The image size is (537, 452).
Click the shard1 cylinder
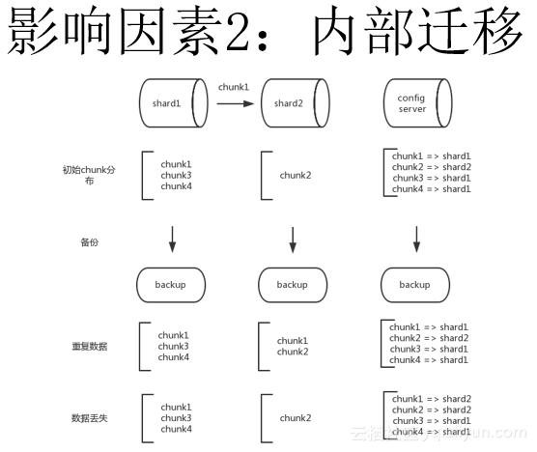pyautogui.click(x=172, y=103)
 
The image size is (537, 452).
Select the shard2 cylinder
pyautogui.click(x=293, y=103)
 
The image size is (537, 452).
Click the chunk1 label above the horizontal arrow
pyautogui.click(x=234, y=86)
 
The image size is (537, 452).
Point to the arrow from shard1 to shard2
pyautogui.click(x=235, y=102)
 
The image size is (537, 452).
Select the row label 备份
pyautogui.click(x=89, y=242)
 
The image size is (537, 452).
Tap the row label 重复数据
pyautogui.click(x=89, y=345)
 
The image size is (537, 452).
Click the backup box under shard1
pyautogui.click(x=170, y=285)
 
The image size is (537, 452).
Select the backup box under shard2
pyautogui.click(x=292, y=285)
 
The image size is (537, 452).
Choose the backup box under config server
pyautogui.click(x=414, y=285)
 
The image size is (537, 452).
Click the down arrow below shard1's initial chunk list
pyautogui.click(x=172, y=238)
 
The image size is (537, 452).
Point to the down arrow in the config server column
pyautogui.click(x=416, y=238)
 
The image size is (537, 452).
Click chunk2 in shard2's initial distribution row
pyautogui.click(x=296, y=176)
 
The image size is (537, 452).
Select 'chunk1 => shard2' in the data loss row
pyautogui.click(x=430, y=399)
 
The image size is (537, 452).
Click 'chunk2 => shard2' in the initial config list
pyautogui.click(x=430, y=166)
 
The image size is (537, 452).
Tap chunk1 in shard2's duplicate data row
pyautogui.click(x=293, y=340)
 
